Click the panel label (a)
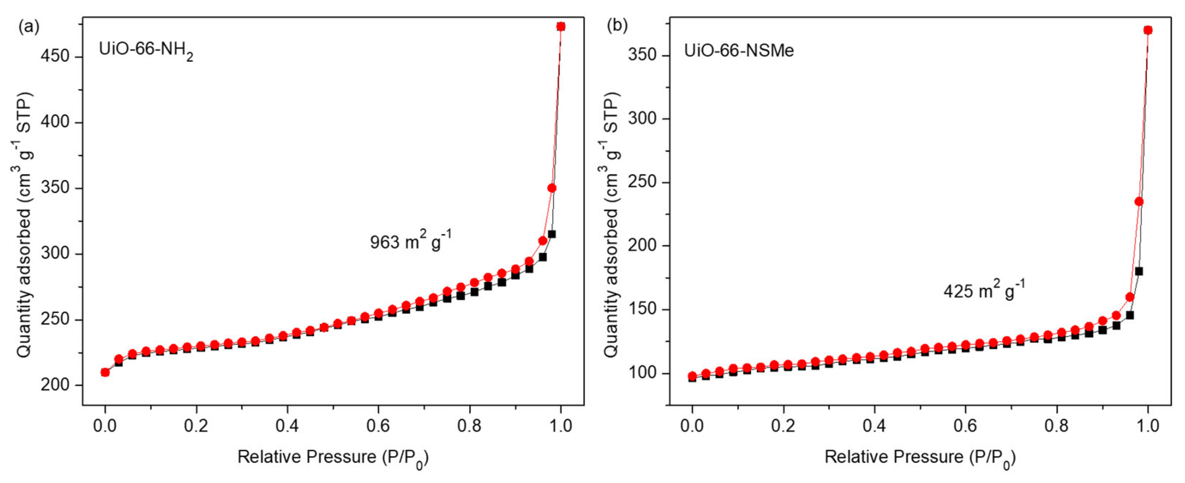pos(28,27)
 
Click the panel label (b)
pos(617,26)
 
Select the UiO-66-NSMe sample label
pos(739,50)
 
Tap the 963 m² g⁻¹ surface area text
pos(410,241)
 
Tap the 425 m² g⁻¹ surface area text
pos(984,290)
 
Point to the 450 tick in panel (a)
pos(55,56)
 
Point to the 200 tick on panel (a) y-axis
pos(55,385)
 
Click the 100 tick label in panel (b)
pos(642,373)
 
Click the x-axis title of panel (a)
pos(333,458)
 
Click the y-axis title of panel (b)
pos(611,226)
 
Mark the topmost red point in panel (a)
pos(561,27)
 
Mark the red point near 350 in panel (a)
pos(552,188)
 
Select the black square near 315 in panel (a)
pos(551,234)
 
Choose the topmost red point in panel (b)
pos(1148,30)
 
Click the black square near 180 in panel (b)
pos(1139,271)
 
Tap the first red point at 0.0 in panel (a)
pos(105,372)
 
